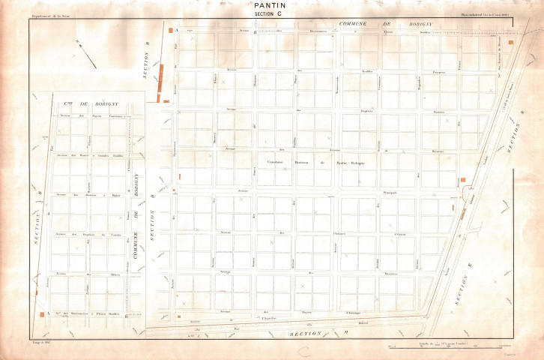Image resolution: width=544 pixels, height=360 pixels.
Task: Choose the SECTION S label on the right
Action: click(516, 142)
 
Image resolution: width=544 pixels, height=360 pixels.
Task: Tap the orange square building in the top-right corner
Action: click(510, 43)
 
